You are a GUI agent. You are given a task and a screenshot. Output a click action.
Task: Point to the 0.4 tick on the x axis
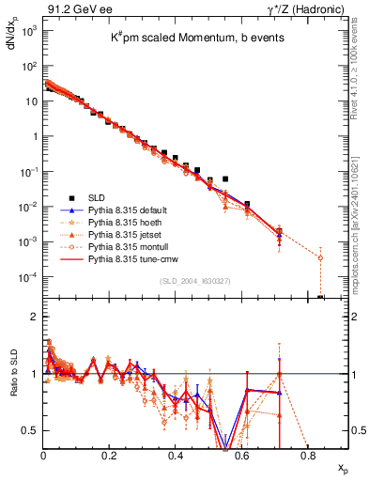176,455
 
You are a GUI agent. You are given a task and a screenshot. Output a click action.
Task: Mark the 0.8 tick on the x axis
308,455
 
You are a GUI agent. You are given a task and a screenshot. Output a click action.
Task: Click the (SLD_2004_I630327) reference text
192,280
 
